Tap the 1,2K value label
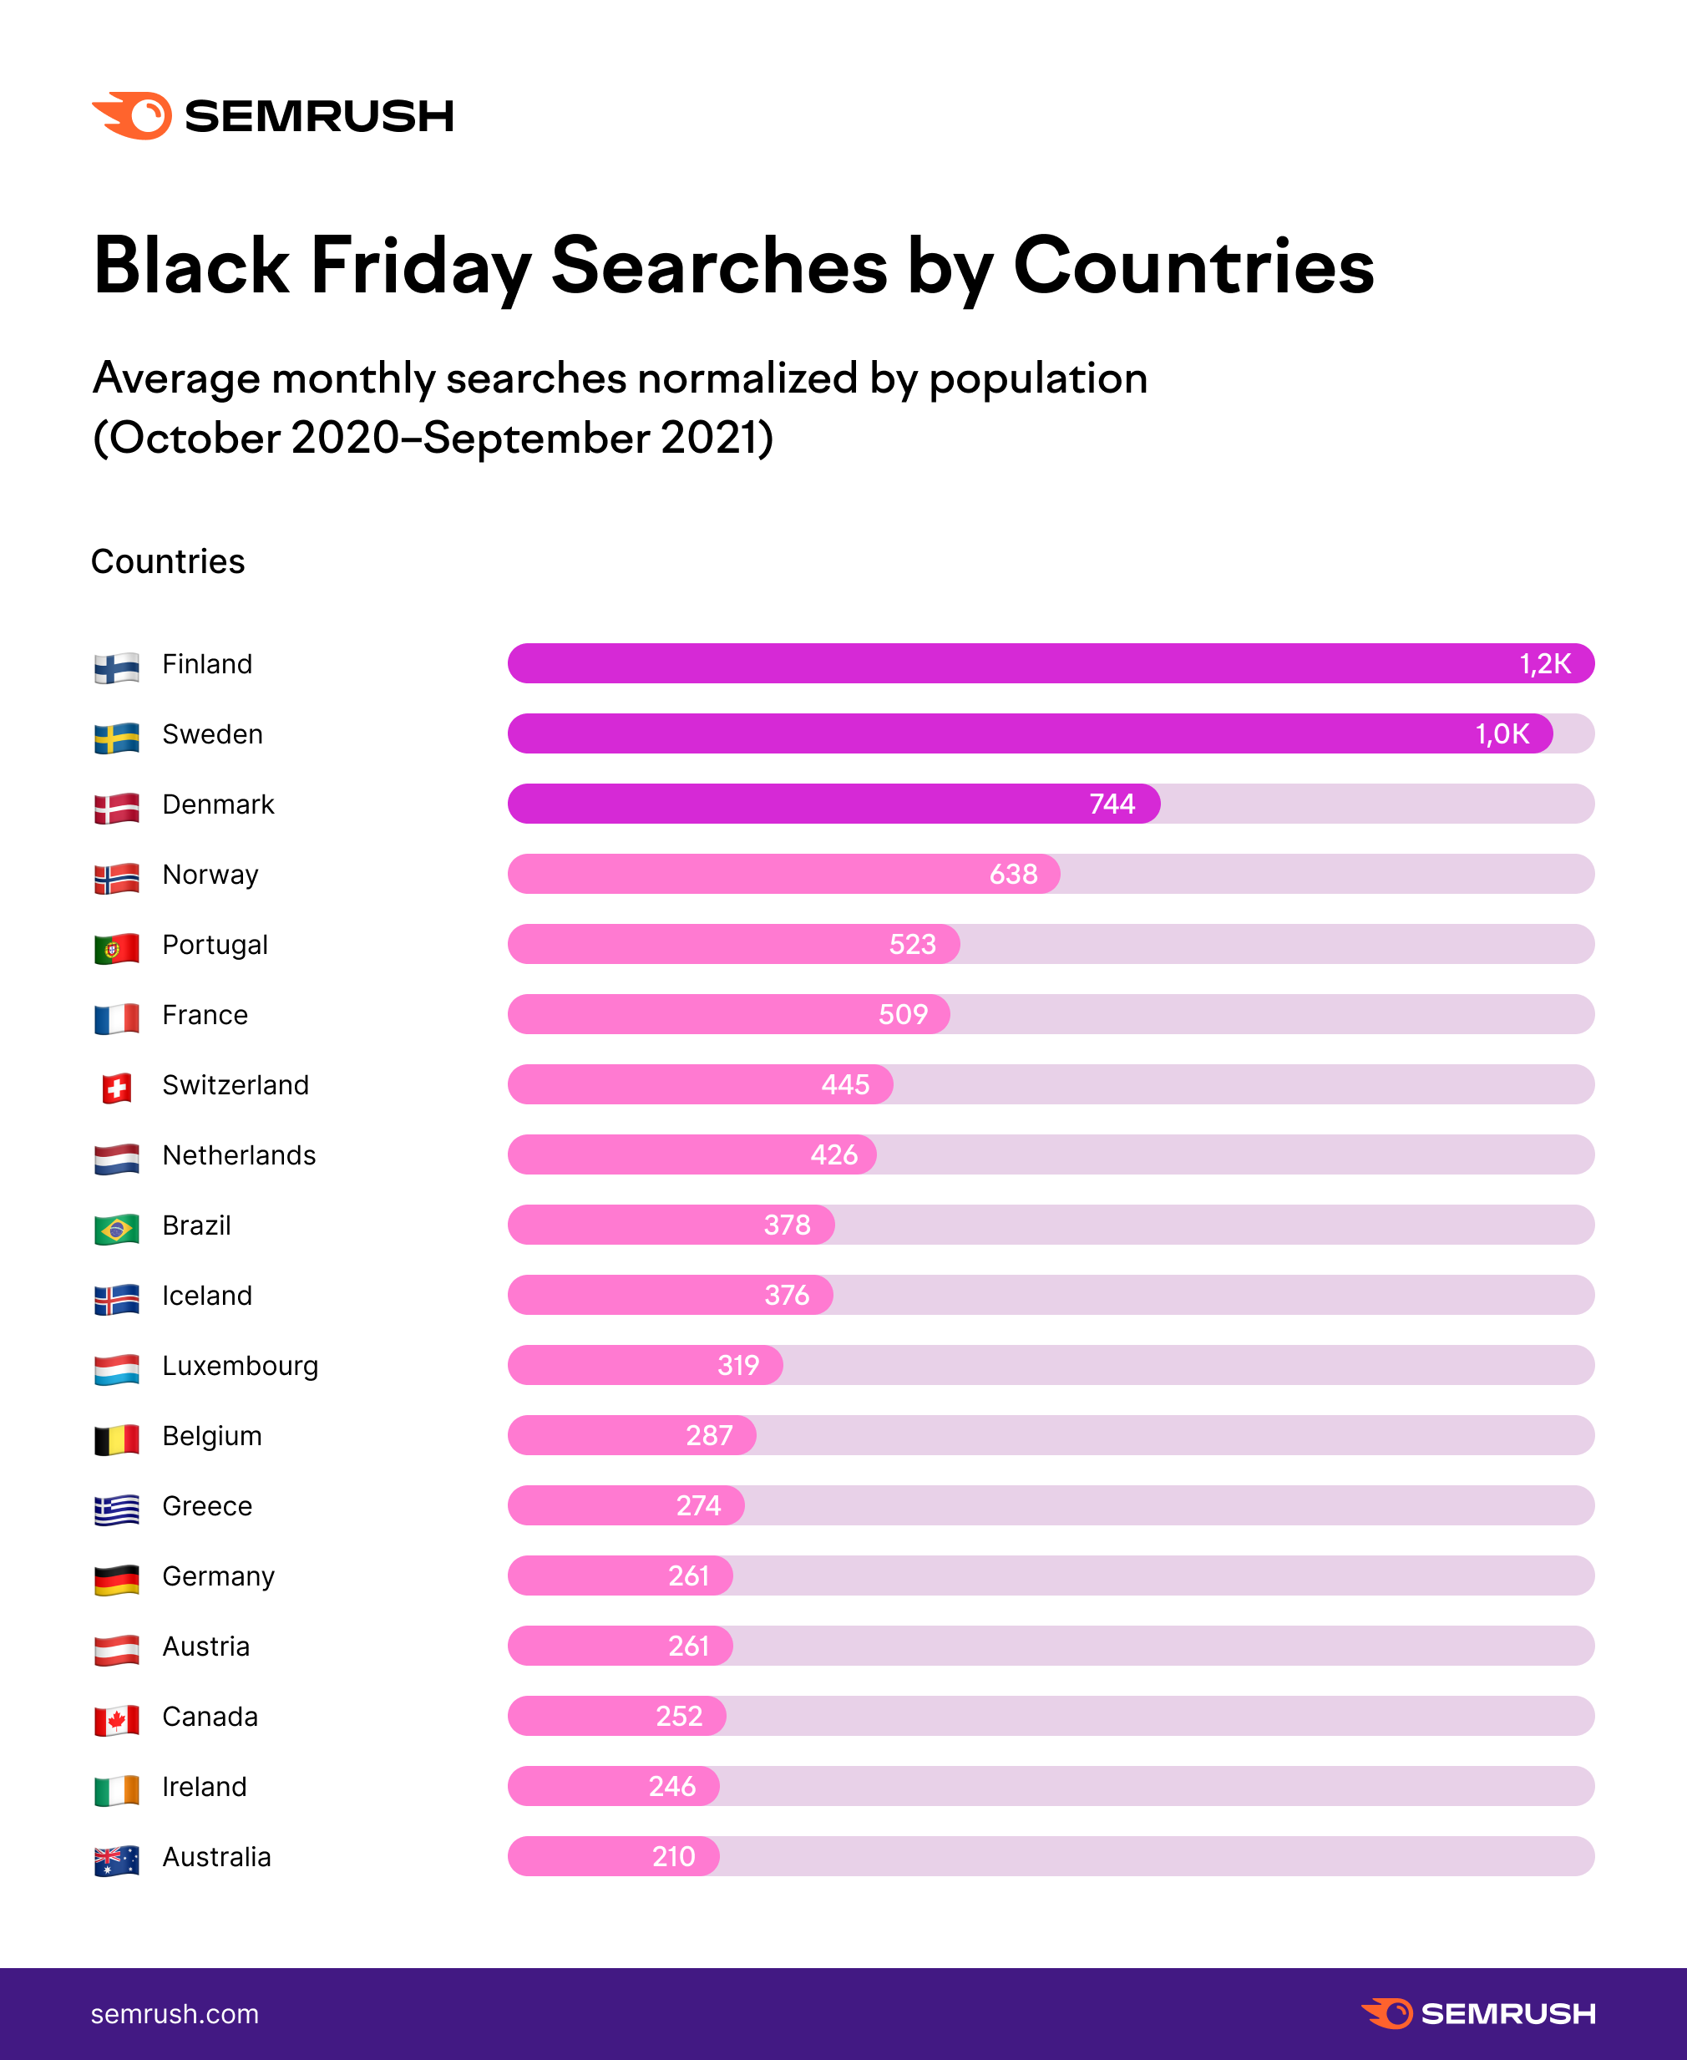pos(1544,664)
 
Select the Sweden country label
pos(212,734)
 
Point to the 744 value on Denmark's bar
pos(1112,804)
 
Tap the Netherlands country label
pos(239,1155)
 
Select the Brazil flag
pos(117,1229)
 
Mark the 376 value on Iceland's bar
pos(786,1295)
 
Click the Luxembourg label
pos(240,1366)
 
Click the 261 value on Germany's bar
pos(688,1575)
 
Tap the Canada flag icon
pos(117,1720)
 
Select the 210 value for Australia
pos(673,1857)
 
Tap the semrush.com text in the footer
pos(175,2013)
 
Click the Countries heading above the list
pos(168,562)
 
